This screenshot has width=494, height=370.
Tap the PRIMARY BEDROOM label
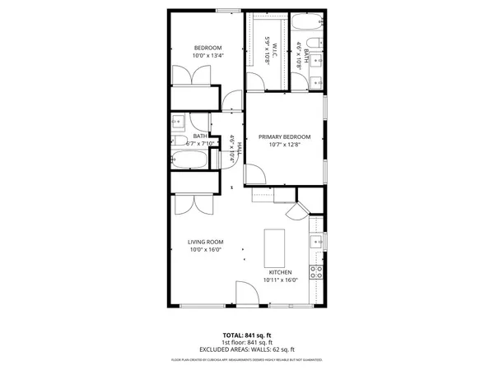click(284, 136)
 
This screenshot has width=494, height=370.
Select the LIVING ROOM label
click(207, 242)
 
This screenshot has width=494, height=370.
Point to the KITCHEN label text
click(279, 272)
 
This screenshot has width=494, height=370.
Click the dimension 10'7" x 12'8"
click(284, 145)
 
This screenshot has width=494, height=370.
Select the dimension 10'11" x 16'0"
click(279, 280)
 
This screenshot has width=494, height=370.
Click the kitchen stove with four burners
click(315, 272)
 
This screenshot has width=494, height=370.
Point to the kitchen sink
click(315, 243)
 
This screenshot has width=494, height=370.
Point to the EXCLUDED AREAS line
click(246, 349)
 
